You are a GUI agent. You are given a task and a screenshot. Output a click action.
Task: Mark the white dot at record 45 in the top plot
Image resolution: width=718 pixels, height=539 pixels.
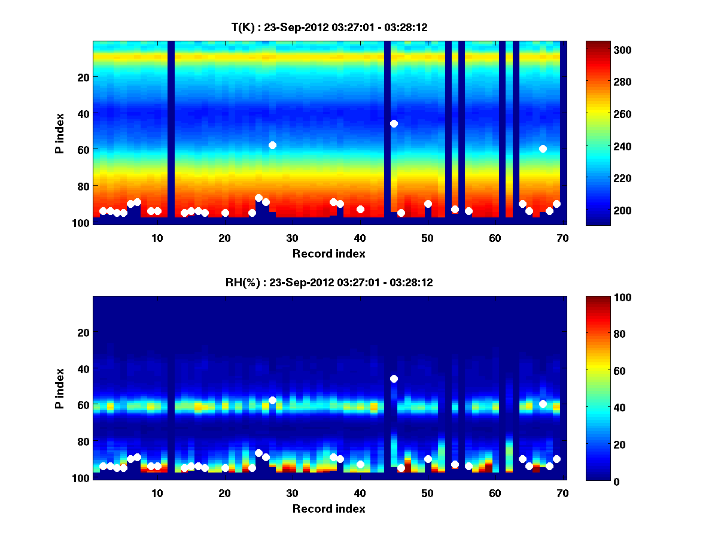(394, 123)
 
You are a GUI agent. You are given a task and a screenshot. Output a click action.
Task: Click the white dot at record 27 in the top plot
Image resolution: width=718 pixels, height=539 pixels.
(272, 145)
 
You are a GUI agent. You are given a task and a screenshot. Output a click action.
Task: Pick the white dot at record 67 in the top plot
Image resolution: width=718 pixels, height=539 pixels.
(543, 149)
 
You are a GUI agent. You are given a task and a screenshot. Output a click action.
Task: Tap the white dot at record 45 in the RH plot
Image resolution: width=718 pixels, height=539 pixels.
(394, 378)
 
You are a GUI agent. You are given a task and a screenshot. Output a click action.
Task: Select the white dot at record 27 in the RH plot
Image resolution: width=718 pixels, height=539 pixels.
(272, 400)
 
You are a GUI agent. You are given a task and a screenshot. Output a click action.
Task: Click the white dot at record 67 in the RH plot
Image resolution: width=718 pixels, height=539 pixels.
(543, 404)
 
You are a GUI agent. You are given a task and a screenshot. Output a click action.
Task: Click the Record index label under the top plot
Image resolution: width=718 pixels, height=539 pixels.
(328, 253)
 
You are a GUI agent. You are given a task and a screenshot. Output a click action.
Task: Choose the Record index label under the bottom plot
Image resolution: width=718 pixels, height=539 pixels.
(328, 508)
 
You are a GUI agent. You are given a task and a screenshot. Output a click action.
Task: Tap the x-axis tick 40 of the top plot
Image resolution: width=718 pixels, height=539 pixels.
(360, 237)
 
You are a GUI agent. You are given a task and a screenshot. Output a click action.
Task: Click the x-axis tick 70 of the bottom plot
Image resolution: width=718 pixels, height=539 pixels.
(562, 493)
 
